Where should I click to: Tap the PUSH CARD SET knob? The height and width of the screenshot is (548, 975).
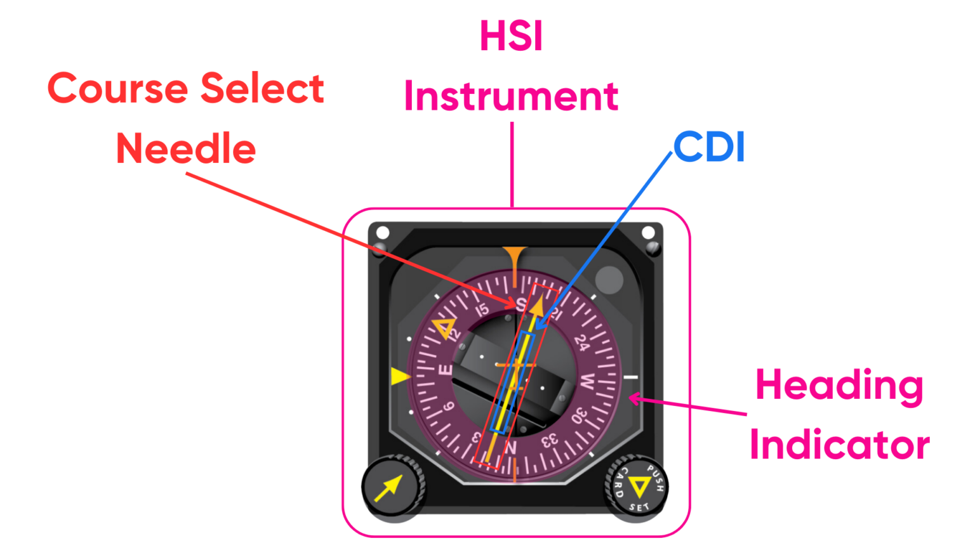pyautogui.click(x=635, y=489)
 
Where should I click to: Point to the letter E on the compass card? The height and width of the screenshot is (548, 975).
pyautogui.click(x=446, y=370)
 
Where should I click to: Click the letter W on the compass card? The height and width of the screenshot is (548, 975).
pyautogui.click(x=587, y=382)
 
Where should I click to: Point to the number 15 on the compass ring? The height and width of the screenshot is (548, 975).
pyautogui.click(x=482, y=311)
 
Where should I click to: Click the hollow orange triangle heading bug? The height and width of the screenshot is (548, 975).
pyautogui.click(x=444, y=329)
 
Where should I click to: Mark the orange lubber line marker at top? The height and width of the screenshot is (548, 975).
pyautogui.click(x=513, y=257)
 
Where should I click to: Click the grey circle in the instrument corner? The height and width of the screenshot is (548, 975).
pyautogui.click(x=609, y=279)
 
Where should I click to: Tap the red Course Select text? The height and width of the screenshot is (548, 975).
pyautogui.click(x=185, y=91)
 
